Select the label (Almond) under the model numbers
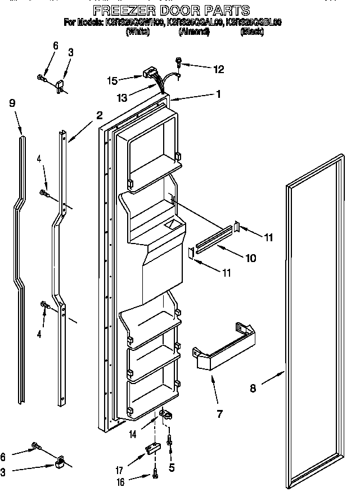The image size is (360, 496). [194, 33]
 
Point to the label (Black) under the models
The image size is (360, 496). [253, 33]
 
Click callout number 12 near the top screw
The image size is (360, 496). [218, 70]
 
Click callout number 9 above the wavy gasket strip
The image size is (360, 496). [12, 103]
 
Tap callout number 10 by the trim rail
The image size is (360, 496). [250, 258]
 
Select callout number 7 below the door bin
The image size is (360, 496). [219, 414]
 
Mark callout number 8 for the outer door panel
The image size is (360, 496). [253, 387]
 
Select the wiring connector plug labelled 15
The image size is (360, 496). [150, 73]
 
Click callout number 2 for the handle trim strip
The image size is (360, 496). [99, 116]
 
